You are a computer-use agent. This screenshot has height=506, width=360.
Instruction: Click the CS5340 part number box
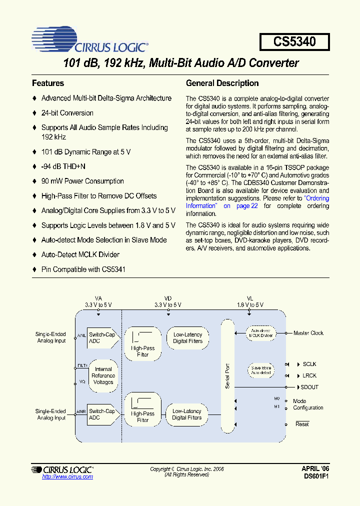[x=294, y=41]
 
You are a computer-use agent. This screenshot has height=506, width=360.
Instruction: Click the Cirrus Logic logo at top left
[x=89, y=41]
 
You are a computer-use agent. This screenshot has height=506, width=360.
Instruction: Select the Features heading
[x=48, y=83]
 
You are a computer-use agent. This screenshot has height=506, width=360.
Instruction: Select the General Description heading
[x=222, y=83]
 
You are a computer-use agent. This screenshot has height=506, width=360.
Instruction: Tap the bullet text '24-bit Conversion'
[x=67, y=113]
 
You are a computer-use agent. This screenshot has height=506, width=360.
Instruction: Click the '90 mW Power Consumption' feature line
[x=82, y=181]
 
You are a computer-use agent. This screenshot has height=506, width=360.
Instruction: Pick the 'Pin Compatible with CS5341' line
[x=83, y=269]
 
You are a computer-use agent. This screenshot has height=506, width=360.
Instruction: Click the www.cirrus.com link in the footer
[x=67, y=477]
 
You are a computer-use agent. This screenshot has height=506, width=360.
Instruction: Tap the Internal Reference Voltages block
[x=103, y=375]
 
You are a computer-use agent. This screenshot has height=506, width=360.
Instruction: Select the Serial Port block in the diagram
[x=227, y=376]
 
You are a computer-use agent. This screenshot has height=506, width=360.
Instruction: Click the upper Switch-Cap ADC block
[x=102, y=338]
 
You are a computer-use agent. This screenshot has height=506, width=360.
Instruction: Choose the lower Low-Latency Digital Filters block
[x=187, y=414]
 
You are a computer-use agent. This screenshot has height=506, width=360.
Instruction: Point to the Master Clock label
[x=308, y=333]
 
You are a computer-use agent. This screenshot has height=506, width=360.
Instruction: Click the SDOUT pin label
[x=309, y=387]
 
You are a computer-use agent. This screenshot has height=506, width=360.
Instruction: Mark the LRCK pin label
[x=309, y=375]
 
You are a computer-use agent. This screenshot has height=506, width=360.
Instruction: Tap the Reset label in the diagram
[x=302, y=424]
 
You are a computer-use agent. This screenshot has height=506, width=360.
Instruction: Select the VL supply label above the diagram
[x=250, y=298]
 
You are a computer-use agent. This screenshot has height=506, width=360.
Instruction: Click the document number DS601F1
[x=315, y=477]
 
